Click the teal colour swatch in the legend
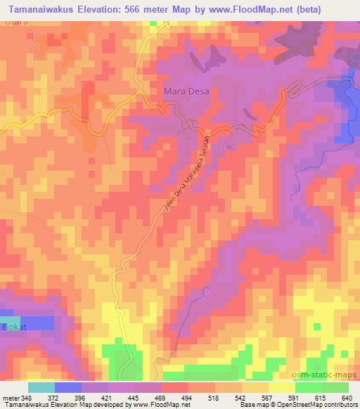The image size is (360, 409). [x=41, y=387]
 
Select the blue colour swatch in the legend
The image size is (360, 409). [x=68, y=387]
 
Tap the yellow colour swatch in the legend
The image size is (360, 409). [x=282, y=387]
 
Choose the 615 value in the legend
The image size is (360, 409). [x=320, y=397]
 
